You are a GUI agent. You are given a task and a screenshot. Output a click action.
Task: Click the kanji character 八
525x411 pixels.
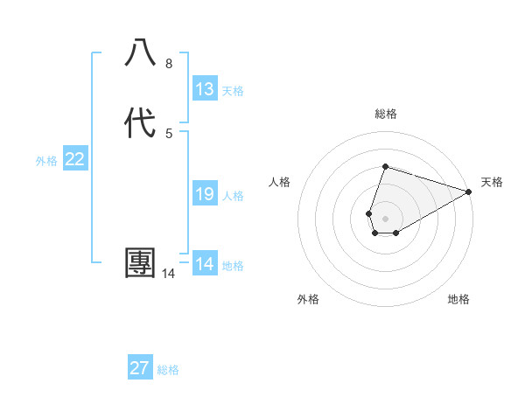pyautogui.click(x=141, y=54)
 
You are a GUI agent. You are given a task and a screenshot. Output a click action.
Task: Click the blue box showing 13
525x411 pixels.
pyautogui.click(x=205, y=89)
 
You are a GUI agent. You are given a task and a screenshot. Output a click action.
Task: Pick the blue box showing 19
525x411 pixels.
pyautogui.click(x=205, y=194)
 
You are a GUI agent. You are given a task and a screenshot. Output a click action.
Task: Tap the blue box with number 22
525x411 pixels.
pyautogui.click(x=75, y=159)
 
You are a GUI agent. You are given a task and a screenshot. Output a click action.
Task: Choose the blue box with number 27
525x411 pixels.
pyautogui.click(x=140, y=368)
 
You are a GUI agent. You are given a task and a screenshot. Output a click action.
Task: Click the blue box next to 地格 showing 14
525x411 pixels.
pyautogui.click(x=205, y=264)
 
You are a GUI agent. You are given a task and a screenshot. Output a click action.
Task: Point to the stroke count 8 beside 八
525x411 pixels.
pyautogui.click(x=168, y=64)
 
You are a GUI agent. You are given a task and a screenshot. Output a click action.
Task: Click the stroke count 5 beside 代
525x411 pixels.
pyautogui.click(x=168, y=133)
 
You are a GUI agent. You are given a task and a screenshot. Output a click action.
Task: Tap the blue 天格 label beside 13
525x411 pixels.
pyautogui.click(x=233, y=91)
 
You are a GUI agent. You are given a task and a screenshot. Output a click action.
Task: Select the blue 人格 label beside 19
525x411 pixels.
pyautogui.click(x=233, y=196)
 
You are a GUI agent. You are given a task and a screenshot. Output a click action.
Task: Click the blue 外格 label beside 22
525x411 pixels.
pyautogui.click(x=46, y=161)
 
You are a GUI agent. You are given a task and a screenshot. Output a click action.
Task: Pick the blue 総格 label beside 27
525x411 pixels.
pyautogui.click(x=168, y=370)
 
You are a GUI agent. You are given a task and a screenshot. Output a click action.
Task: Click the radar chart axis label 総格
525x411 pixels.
pyautogui.click(x=385, y=114)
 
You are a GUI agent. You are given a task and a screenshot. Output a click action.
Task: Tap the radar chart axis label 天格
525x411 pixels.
pyautogui.click(x=492, y=182)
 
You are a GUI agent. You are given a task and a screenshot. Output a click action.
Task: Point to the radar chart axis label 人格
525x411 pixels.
pyautogui.click(x=279, y=182)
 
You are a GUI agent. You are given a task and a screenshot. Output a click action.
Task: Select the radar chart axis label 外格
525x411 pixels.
pyautogui.click(x=308, y=299)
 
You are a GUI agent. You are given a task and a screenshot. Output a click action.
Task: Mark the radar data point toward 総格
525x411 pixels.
pyautogui.click(x=385, y=166)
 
